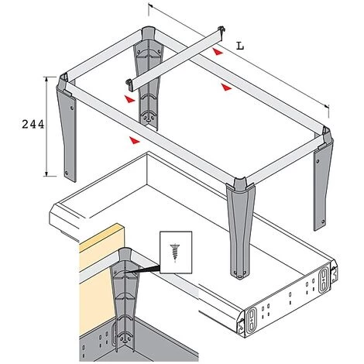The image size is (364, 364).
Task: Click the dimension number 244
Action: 33,125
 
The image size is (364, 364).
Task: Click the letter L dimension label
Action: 240,46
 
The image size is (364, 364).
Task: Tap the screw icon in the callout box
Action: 175,252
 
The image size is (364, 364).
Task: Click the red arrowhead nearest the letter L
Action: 218,52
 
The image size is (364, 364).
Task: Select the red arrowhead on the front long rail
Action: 134,140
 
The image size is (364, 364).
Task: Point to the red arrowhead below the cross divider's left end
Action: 129,99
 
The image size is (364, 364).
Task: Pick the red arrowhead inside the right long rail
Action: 226,87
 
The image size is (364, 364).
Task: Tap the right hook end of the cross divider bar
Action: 221,29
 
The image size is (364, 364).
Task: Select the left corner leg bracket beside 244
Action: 67,126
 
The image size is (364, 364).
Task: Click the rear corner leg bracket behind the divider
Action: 148,77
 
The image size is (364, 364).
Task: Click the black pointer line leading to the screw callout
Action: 142,270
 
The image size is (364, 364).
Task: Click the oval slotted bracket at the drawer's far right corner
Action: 324,280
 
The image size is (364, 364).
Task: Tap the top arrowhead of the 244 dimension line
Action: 46,79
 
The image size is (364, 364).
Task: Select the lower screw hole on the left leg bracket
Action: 67,173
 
